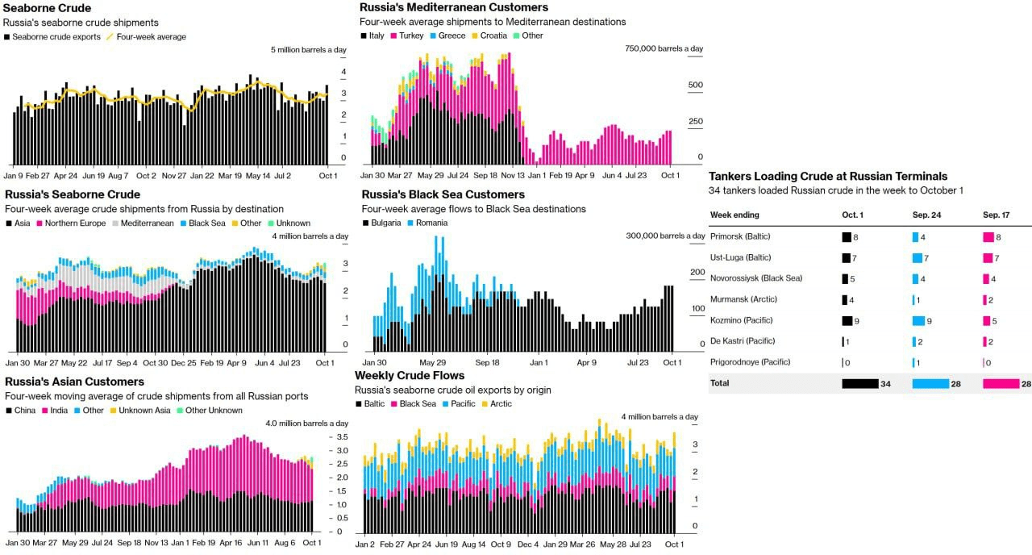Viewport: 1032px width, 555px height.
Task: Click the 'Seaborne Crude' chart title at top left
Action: click(47, 8)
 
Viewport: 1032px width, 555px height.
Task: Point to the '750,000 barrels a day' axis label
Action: click(664, 48)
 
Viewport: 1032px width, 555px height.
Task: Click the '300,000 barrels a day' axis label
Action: click(664, 236)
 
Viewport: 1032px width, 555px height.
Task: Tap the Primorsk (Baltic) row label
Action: click(740, 236)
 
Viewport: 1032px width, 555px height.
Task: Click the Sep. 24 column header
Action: click(928, 215)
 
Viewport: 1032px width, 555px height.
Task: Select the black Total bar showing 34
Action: click(859, 383)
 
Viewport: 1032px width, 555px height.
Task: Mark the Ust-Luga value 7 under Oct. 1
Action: click(855, 257)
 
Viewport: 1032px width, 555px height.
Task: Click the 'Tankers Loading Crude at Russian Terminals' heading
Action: click(828, 176)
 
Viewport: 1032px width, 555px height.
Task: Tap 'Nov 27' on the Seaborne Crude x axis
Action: click(174, 175)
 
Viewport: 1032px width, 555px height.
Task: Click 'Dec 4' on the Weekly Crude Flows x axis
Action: click(528, 545)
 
